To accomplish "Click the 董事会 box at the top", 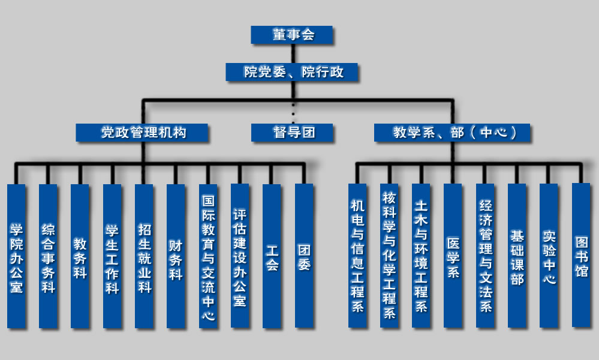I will pyautogui.click(x=291, y=35).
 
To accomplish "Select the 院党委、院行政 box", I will pyautogui.click(x=293, y=72).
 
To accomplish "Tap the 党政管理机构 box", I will pyautogui.click(x=142, y=133).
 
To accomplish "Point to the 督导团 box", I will pyautogui.click(x=292, y=133).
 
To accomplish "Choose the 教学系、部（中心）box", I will pyautogui.click(x=453, y=133).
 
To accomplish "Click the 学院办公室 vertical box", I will pyautogui.click(x=17, y=256).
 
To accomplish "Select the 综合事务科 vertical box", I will pyautogui.click(x=49, y=256).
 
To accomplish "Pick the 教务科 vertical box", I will pyautogui.click(x=80, y=256).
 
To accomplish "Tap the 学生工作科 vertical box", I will pyautogui.click(x=112, y=256).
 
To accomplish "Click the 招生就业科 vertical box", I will pyautogui.click(x=144, y=256).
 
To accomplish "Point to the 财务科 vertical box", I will pyautogui.click(x=176, y=256).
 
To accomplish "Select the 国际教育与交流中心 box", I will pyautogui.click(x=208, y=256).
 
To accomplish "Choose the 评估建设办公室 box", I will pyautogui.click(x=240, y=256).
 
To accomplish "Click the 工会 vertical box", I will pyautogui.click(x=272, y=256).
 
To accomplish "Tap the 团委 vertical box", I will pyautogui.click(x=304, y=256).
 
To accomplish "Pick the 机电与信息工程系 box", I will pyautogui.click(x=358, y=256).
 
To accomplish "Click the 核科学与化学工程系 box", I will pyautogui.click(x=390, y=256).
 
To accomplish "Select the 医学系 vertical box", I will pyautogui.click(x=453, y=256).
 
